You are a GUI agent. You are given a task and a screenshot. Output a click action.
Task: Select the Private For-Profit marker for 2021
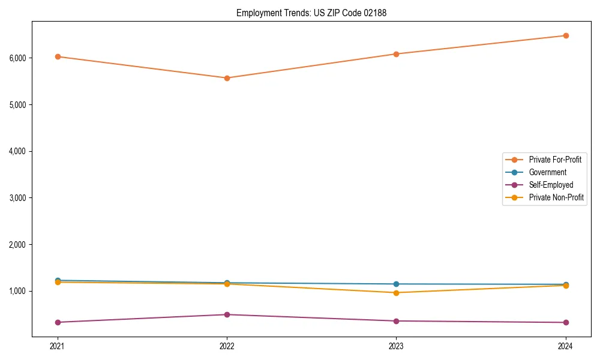(58, 56)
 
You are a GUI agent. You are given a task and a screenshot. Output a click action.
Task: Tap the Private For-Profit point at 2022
(227, 78)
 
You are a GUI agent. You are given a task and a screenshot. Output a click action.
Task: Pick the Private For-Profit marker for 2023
(396, 54)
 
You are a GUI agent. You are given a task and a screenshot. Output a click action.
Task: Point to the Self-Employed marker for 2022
(227, 314)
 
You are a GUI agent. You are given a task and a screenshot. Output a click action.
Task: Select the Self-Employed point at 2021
(58, 322)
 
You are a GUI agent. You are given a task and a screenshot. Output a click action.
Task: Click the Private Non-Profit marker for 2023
(396, 293)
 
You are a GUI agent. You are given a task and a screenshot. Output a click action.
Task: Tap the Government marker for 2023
(396, 284)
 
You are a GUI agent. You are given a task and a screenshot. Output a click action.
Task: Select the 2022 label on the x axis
(227, 346)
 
